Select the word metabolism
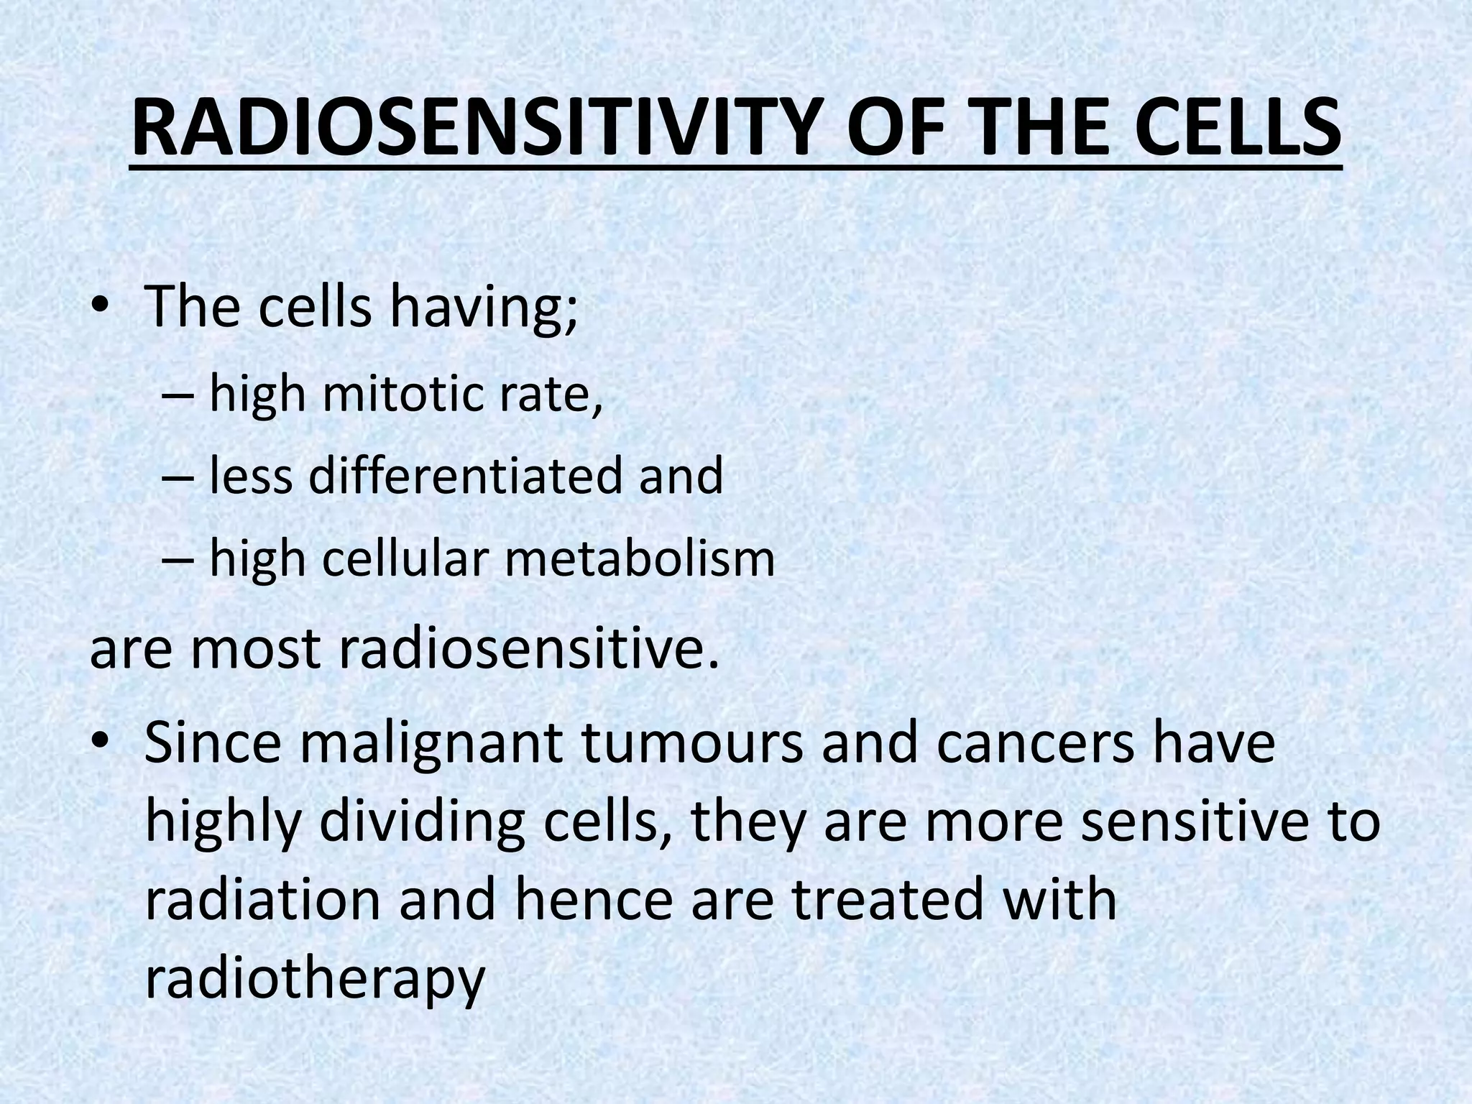click(640, 558)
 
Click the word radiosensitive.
click(528, 648)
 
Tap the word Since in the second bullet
click(213, 745)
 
